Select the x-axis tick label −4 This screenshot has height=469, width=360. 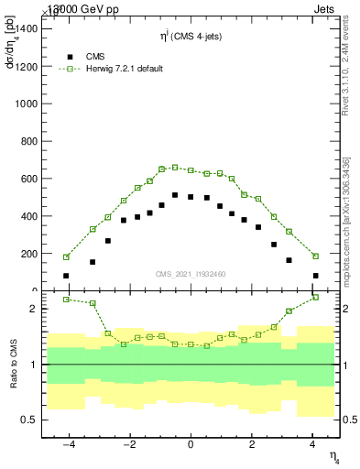click(x=68, y=444)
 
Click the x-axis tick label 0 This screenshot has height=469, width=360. click(x=191, y=444)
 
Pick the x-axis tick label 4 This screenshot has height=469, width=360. click(x=312, y=444)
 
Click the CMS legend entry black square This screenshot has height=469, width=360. click(x=70, y=56)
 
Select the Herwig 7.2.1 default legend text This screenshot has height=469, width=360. click(x=124, y=69)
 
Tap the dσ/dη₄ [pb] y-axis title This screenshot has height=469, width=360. click(x=11, y=55)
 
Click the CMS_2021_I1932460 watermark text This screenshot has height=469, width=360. click(x=191, y=273)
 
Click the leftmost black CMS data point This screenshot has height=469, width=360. click(x=66, y=275)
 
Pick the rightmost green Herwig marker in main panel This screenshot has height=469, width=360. click(x=315, y=256)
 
